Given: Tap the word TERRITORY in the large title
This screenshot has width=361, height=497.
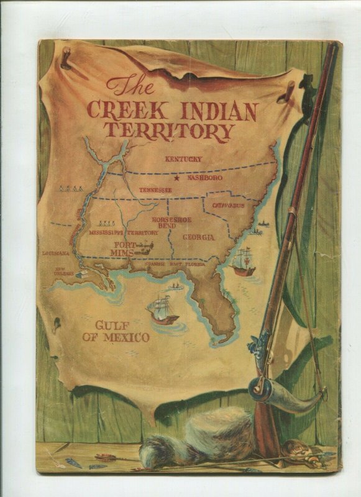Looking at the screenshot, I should (x=169, y=131).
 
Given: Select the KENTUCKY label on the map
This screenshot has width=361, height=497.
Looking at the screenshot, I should (x=183, y=159).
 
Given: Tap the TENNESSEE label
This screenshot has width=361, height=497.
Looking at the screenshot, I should (x=155, y=190).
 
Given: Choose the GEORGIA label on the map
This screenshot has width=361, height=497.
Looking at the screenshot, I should (x=199, y=237).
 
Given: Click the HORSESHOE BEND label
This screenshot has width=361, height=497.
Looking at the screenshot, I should (x=172, y=224).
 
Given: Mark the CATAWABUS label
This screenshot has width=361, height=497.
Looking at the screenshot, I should (x=228, y=205).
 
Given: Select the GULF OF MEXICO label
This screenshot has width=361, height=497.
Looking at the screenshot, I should (x=122, y=332).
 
